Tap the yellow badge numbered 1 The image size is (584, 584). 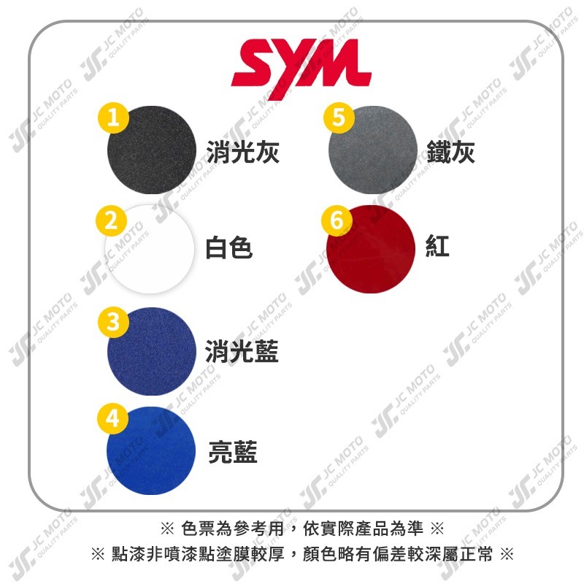pos(113,118)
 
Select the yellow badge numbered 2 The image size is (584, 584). pos(112,220)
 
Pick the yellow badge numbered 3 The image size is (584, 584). pos(113,322)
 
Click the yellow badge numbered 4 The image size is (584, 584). pos(112,418)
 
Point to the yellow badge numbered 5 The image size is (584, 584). pos(339,118)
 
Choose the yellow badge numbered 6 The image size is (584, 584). pos(337,220)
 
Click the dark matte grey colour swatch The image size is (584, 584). pos(152,150)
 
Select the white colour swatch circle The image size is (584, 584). pos(150,249)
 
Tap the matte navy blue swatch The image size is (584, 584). pos(152,352)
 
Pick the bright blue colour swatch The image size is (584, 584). pos(151,450)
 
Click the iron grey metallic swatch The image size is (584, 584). pos(373,150)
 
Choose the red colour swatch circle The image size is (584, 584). pos(371,249)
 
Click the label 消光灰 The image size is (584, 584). pos(243,152)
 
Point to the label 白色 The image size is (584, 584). pos(229,247)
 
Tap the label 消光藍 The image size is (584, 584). pos(242,351)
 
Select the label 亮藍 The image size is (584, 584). pos(233,452)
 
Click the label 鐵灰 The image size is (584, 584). pos(450,152)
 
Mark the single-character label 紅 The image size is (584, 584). pos(437,246)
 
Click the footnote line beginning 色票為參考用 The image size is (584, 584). pos(302,529)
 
